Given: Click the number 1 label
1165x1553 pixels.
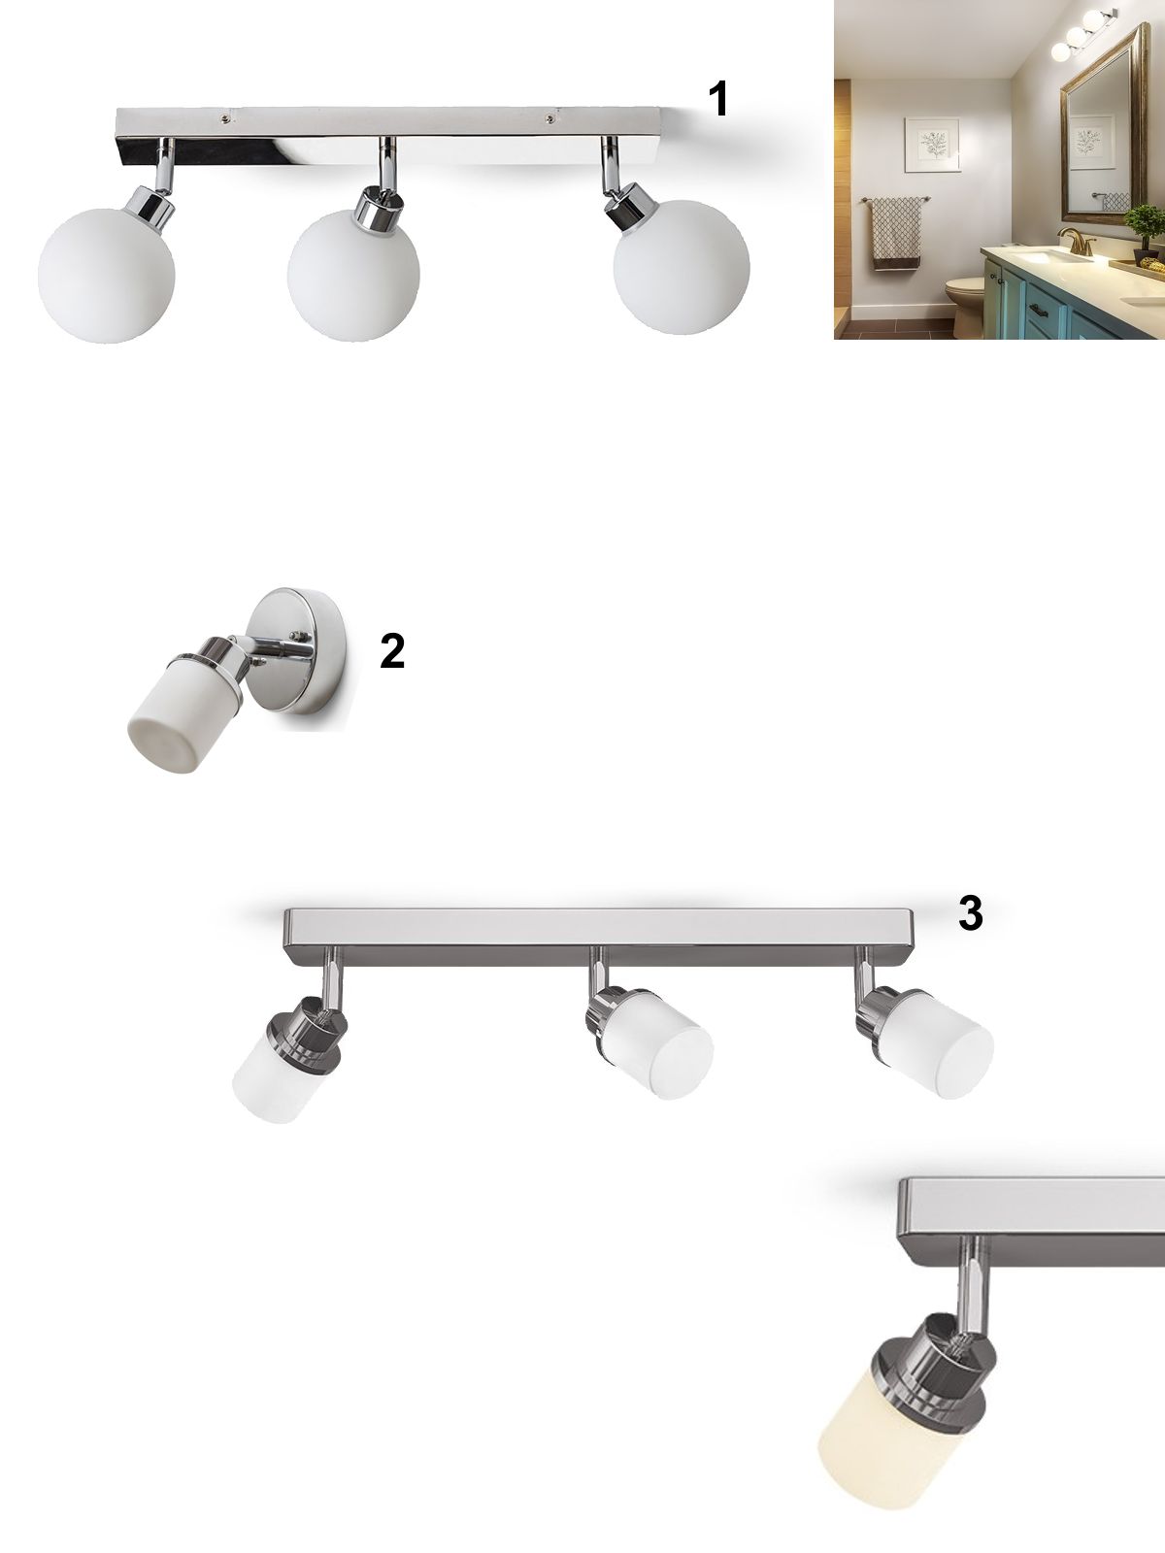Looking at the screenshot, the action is click(718, 99).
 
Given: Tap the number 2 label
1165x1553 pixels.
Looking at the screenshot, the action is click(392, 651).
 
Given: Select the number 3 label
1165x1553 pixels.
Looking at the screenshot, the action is click(971, 913).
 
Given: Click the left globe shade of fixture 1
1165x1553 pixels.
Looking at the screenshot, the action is click(106, 276).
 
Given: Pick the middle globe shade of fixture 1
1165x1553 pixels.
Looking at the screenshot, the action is click(353, 276).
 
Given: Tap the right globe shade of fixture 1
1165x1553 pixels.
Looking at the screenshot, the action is click(682, 268).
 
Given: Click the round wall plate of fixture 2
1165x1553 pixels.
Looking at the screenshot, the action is click(301, 650).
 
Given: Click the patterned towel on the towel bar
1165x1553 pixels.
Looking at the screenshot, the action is click(896, 234).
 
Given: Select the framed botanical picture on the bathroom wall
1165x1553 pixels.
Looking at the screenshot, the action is click(932, 145).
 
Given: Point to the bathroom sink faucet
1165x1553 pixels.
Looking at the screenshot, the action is click(1078, 242).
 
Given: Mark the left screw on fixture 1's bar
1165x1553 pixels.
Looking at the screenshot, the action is click(225, 118).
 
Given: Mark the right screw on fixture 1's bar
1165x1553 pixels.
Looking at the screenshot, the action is click(549, 119).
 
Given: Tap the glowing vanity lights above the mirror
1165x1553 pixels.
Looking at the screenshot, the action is click(1082, 34).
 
